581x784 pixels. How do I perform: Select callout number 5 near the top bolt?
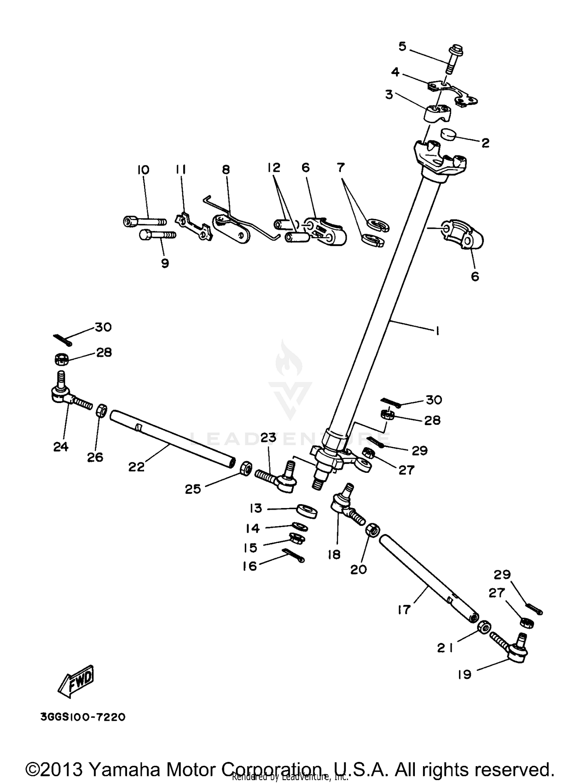(402, 47)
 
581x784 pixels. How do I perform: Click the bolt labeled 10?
(144, 221)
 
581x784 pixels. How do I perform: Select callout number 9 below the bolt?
(165, 264)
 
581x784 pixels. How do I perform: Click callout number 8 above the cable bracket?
(226, 170)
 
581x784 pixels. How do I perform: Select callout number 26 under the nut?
(95, 457)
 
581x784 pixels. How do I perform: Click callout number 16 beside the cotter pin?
(250, 566)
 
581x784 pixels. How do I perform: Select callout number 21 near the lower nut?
(445, 648)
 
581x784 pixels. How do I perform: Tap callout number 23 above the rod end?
(268, 438)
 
